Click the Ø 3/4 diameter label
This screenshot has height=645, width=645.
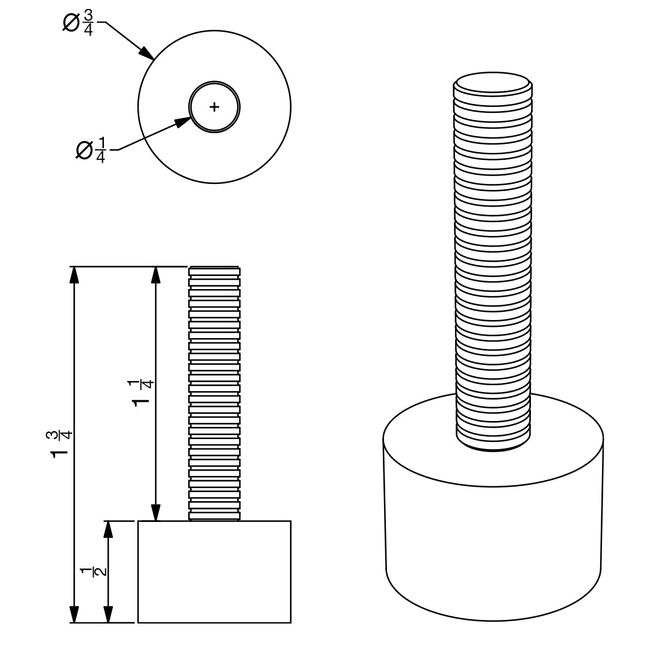78,23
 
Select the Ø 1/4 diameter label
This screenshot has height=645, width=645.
91,150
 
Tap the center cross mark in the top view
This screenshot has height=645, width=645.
214,107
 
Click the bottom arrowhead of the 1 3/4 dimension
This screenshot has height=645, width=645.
73,614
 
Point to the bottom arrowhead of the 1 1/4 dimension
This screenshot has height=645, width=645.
155,512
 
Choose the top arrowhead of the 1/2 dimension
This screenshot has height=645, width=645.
107,529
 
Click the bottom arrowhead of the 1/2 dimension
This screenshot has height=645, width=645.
107,614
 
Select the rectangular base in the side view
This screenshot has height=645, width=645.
214,572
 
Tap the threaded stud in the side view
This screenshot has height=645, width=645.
214,394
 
